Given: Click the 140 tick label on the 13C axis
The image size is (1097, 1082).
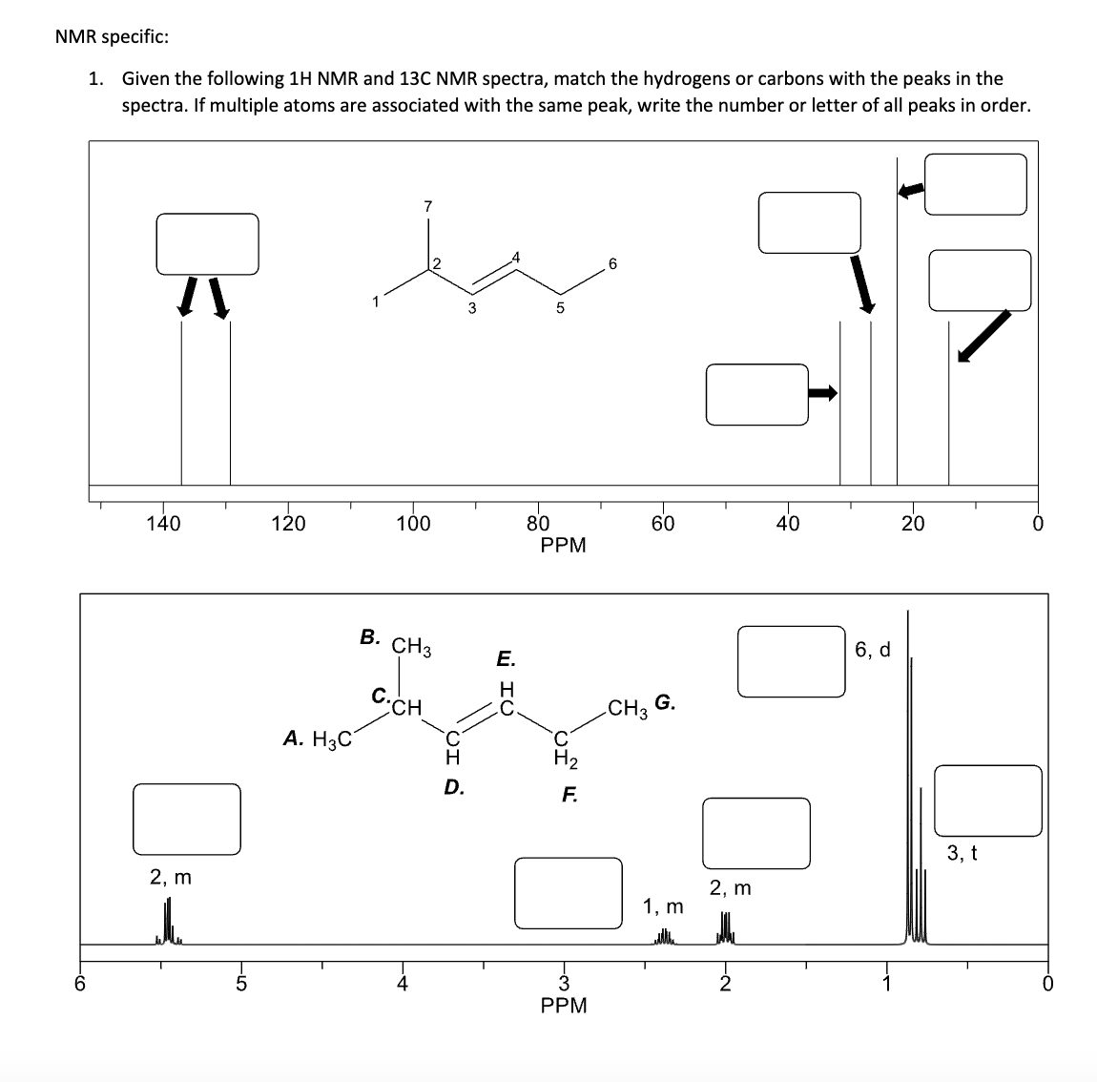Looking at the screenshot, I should point(163,523).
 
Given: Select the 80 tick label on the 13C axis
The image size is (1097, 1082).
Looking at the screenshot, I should point(538,523).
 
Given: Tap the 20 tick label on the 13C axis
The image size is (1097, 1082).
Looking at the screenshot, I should point(913,523).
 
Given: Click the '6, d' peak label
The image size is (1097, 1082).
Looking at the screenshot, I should point(873,650).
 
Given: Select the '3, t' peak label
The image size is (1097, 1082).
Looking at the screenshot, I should point(962,852).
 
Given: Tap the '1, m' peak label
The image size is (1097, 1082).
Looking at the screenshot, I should point(663,905).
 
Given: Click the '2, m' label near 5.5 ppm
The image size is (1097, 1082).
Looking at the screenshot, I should point(171,876).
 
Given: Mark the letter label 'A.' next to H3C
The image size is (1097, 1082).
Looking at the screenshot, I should point(295,737).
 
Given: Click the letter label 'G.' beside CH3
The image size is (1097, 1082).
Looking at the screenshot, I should point(666,704).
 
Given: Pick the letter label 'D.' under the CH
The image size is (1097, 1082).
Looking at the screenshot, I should point(455,787).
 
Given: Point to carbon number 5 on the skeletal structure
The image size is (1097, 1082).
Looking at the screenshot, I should point(560,307).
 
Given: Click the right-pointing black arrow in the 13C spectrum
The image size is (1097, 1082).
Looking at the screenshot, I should point(823,393).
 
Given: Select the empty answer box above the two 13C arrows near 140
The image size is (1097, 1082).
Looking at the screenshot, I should point(208,243).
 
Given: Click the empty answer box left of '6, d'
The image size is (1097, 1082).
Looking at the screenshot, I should point(791,660).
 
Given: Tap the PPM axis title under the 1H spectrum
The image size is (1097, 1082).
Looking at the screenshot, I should point(563,1005).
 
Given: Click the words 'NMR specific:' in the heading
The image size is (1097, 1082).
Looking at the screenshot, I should point(113,37).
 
